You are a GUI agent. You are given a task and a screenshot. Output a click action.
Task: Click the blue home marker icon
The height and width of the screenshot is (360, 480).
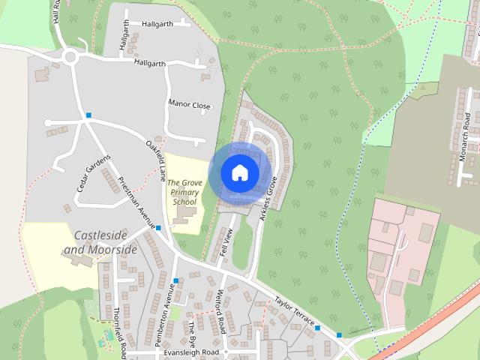(x=239, y=172)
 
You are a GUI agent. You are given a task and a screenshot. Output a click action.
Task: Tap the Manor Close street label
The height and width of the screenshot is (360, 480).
(x=190, y=106)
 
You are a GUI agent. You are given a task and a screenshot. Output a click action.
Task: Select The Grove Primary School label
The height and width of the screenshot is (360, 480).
(x=183, y=192)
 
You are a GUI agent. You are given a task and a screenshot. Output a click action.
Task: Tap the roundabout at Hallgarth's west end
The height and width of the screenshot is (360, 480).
(x=71, y=57)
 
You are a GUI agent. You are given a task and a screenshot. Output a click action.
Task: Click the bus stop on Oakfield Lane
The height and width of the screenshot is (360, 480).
(x=88, y=115)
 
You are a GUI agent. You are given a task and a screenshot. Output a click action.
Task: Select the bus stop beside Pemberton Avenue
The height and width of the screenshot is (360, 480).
(x=175, y=281)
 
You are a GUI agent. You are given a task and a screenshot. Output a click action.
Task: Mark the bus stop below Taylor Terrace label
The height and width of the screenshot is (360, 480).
(x=318, y=328)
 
